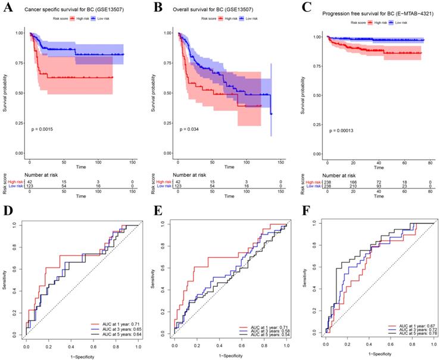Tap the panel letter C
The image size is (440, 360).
(x=305, y=8)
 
